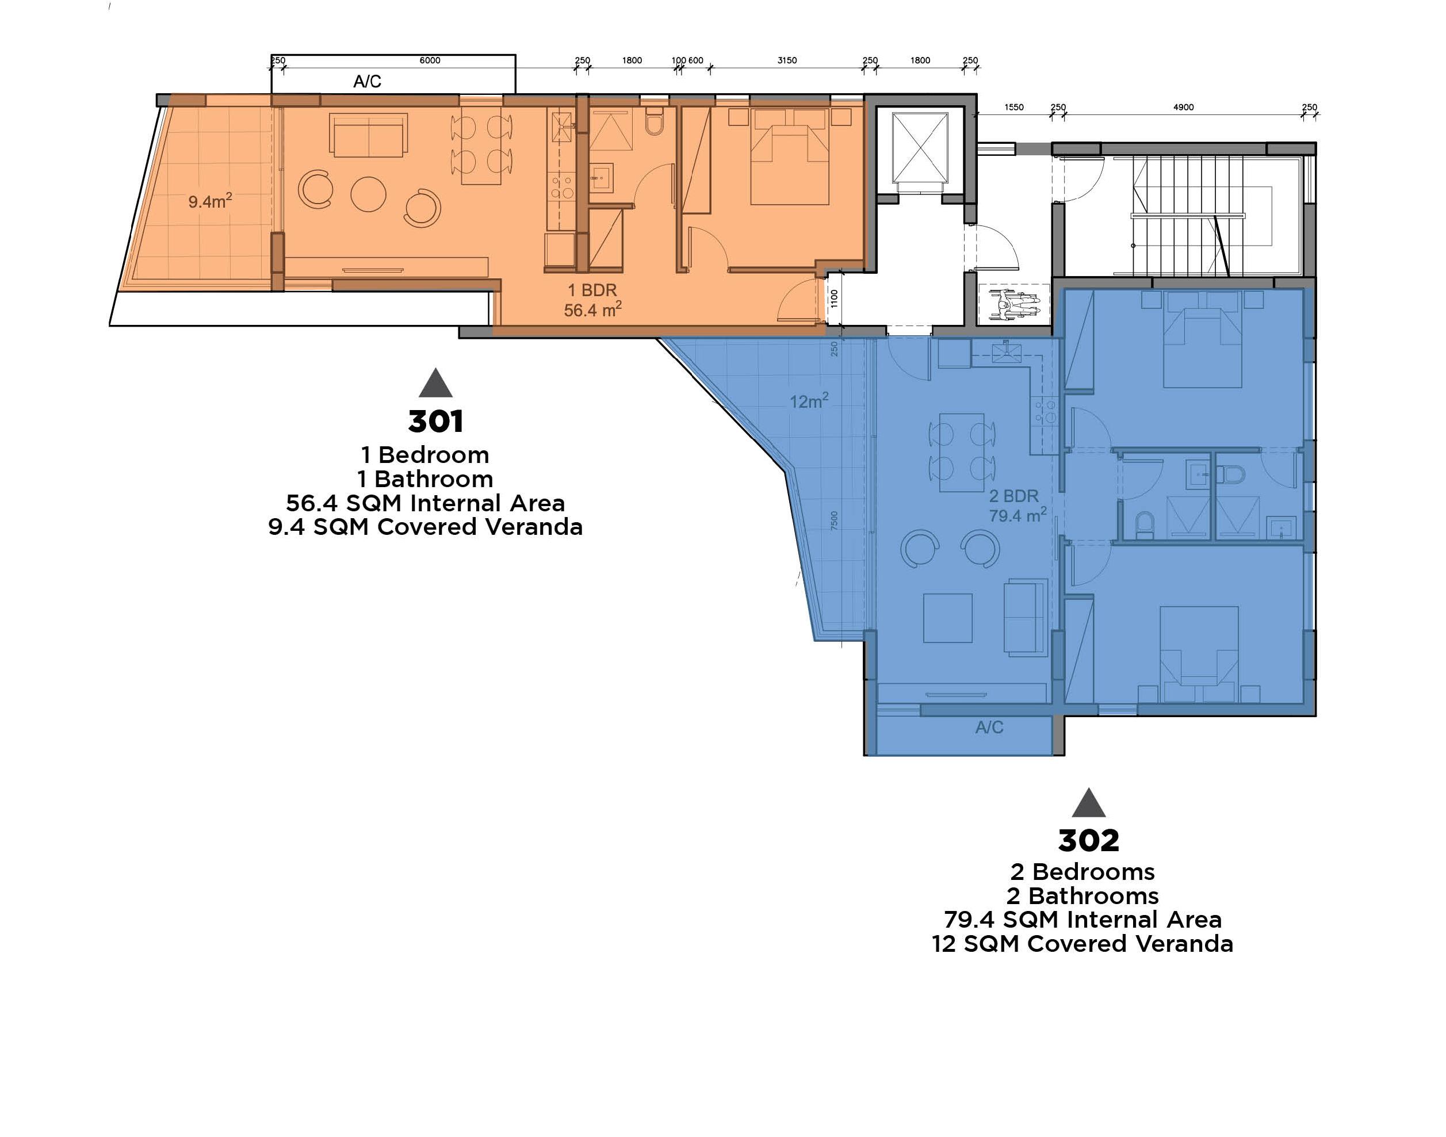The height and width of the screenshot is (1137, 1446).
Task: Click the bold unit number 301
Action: pyautogui.click(x=435, y=422)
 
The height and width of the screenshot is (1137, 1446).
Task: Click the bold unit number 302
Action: pyautogui.click(x=1088, y=841)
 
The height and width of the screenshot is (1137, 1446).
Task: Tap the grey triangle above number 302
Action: pyautogui.click(x=1088, y=803)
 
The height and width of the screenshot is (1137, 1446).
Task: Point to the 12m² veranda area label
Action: pyautogui.click(x=809, y=401)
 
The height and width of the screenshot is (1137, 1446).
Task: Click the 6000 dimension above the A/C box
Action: pyautogui.click(x=430, y=60)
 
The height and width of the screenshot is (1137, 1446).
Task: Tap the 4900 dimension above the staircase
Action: pyautogui.click(x=1183, y=107)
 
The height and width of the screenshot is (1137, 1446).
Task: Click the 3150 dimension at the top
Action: pyautogui.click(x=787, y=60)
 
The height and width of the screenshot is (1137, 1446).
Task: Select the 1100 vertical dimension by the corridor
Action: pyautogui.click(x=834, y=298)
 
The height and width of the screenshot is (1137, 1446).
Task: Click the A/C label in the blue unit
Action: pyautogui.click(x=989, y=728)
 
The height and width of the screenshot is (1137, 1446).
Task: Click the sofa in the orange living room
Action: pyautogui.click(x=368, y=135)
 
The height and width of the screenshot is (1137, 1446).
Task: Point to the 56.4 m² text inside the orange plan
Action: pyautogui.click(x=592, y=309)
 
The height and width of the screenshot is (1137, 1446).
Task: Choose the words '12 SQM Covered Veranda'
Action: pyautogui.click(x=1082, y=944)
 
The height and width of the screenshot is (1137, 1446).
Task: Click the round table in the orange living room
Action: pyautogui.click(x=368, y=194)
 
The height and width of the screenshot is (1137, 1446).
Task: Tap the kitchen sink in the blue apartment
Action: pyautogui.click(x=1006, y=352)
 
